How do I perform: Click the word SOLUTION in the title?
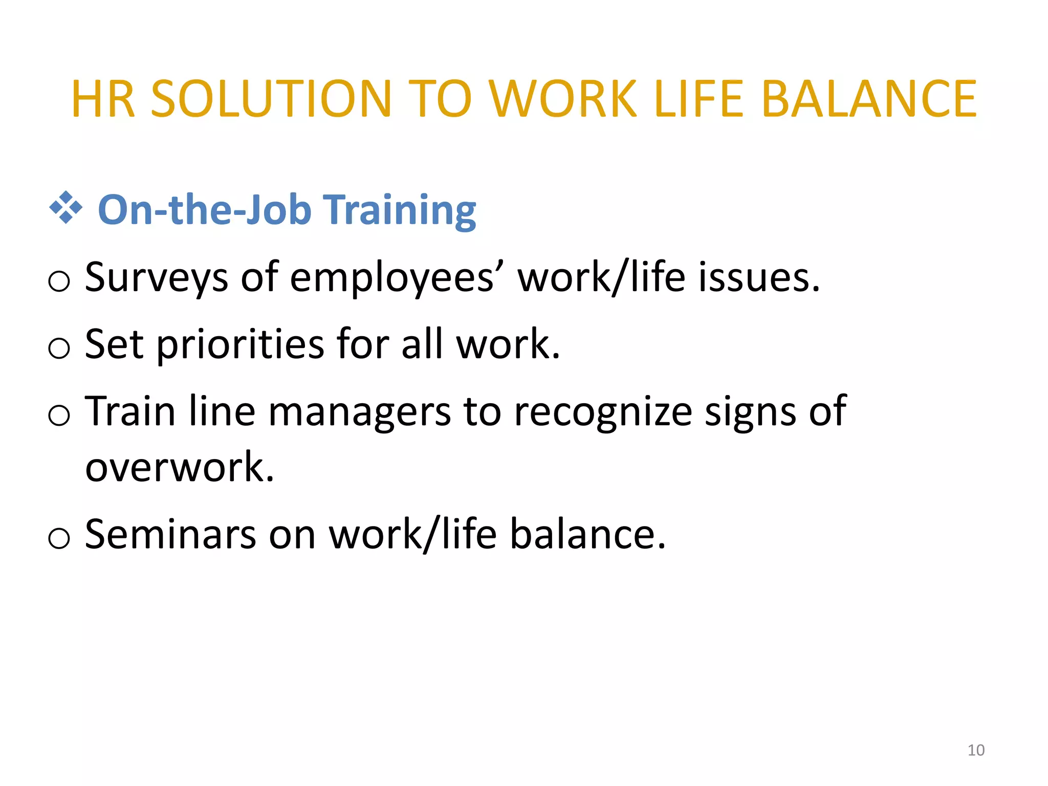271,99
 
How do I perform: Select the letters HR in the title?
103,99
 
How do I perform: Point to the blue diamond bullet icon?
65,208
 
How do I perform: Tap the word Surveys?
156,278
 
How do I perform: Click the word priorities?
240,344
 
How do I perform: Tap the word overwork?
179,467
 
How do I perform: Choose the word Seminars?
170,534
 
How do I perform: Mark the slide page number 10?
976,750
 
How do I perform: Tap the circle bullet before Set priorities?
59,348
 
